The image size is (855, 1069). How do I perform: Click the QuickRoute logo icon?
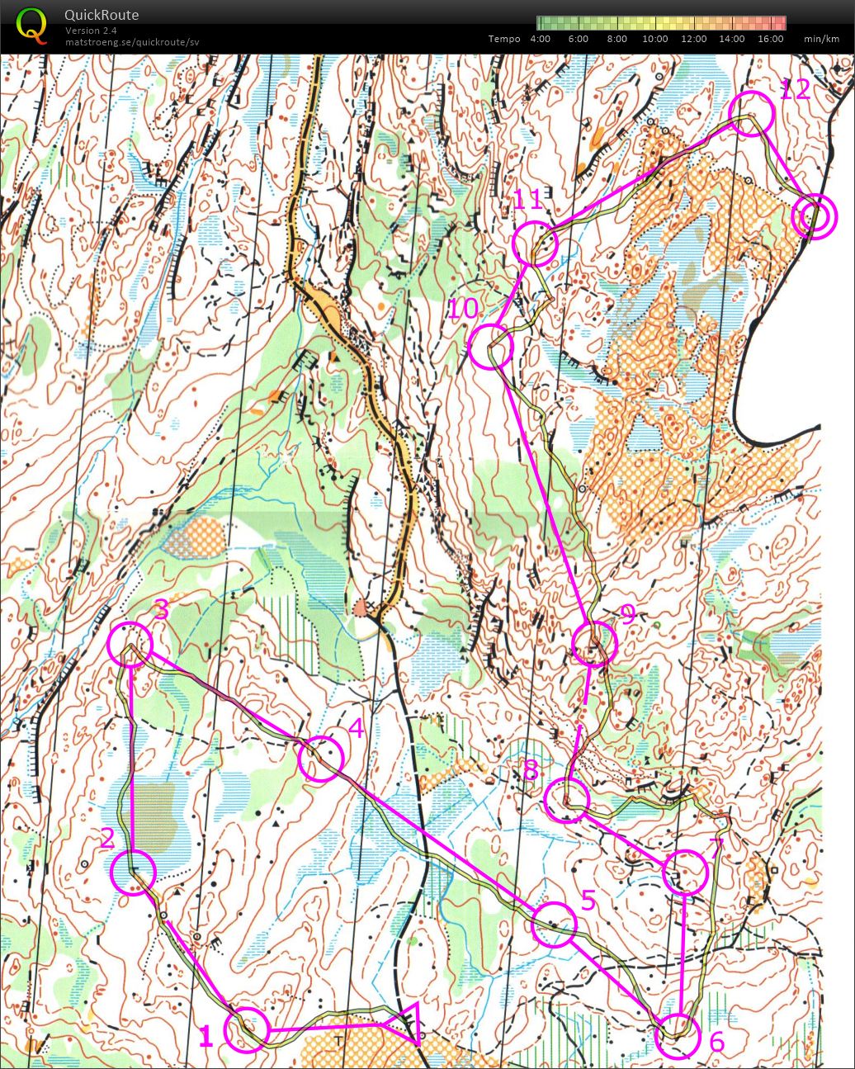pyautogui.click(x=31, y=25)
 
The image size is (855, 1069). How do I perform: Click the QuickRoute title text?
pyautogui.click(x=102, y=15)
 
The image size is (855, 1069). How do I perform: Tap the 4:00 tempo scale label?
pyautogui.click(x=541, y=39)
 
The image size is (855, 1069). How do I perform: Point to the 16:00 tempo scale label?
pyautogui.click(x=769, y=39)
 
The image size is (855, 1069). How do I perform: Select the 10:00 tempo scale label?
pyautogui.click(x=655, y=39)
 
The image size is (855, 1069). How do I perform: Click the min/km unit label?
pyautogui.click(x=821, y=39)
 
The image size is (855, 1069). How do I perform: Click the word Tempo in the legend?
pyautogui.click(x=504, y=39)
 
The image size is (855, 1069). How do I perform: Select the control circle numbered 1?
pyautogui.click(x=248, y=1029)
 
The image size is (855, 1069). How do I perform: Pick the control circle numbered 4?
pyautogui.click(x=320, y=759)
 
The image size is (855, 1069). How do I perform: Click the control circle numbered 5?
pyautogui.click(x=554, y=924)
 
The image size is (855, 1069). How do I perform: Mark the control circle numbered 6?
pyautogui.click(x=678, y=1036)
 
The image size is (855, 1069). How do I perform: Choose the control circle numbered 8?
pyautogui.click(x=567, y=799)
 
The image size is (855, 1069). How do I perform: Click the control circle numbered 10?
pyautogui.click(x=491, y=346)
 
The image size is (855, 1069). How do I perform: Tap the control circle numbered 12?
pyautogui.click(x=752, y=113)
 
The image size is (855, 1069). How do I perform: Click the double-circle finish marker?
pyautogui.click(x=814, y=217)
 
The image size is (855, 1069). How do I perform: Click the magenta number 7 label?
pyautogui.click(x=715, y=847)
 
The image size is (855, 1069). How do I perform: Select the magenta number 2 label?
pyautogui.click(x=107, y=839)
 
